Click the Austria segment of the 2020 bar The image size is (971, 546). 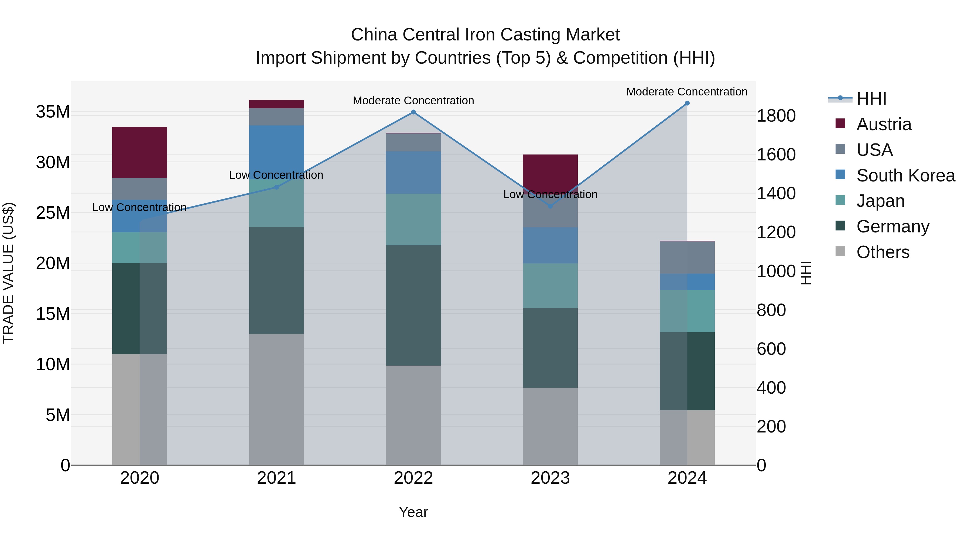click(x=139, y=152)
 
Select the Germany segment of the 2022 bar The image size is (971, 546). click(x=413, y=305)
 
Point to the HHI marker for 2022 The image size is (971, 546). click(x=413, y=112)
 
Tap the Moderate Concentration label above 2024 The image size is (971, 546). click(x=686, y=92)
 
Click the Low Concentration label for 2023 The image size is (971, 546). click(x=550, y=194)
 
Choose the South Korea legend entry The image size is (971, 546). click(x=905, y=176)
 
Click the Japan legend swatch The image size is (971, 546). click(x=840, y=200)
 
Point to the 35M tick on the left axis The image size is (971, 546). click(x=53, y=112)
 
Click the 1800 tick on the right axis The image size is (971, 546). click(x=776, y=116)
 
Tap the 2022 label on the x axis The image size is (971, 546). click(x=413, y=478)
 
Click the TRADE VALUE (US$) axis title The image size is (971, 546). click(x=8, y=273)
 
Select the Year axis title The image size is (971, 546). click(x=413, y=512)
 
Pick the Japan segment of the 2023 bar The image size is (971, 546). click(x=550, y=285)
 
